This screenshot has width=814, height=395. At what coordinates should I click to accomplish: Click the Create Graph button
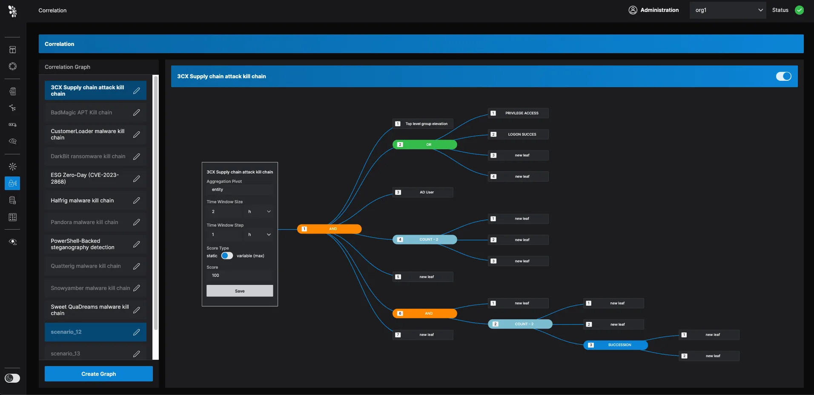(x=99, y=374)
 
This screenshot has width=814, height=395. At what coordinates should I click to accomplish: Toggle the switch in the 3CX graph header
(x=783, y=76)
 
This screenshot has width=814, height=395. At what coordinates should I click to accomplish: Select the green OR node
(x=424, y=145)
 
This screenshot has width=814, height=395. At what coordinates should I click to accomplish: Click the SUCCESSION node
(x=615, y=345)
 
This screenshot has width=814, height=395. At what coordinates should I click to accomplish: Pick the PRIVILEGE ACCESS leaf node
(x=518, y=113)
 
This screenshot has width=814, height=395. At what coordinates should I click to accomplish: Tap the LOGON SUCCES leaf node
(x=518, y=134)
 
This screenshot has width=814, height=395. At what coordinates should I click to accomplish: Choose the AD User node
(x=423, y=192)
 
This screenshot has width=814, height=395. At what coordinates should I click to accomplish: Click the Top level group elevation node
(x=423, y=124)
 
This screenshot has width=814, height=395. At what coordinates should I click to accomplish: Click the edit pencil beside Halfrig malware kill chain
(x=136, y=200)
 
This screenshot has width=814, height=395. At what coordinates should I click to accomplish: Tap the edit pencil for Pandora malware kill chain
(x=136, y=222)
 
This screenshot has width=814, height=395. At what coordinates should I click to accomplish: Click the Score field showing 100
(x=240, y=276)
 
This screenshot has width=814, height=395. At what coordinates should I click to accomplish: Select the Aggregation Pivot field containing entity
(x=240, y=190)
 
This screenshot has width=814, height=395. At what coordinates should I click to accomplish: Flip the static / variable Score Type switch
(x=227, y=256)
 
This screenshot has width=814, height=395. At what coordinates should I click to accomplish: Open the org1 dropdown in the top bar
(x=728, y=10)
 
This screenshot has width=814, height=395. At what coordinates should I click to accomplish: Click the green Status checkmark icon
(x=799, y=10)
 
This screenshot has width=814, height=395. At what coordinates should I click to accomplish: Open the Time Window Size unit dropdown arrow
(x=269, y=211)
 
